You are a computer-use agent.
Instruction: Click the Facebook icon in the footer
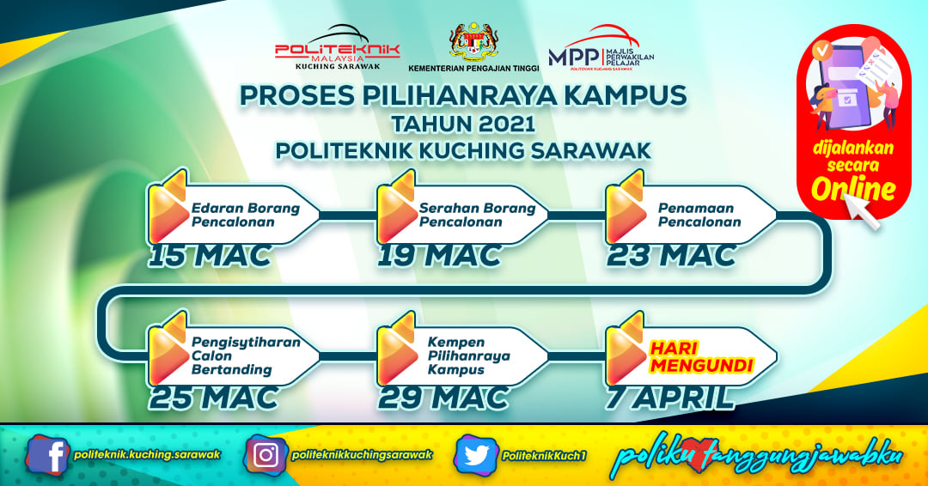(48, 455)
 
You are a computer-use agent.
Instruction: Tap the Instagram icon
(266, 455)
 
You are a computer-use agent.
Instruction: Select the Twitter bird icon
(476, 455)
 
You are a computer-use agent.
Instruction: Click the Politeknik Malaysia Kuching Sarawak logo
(338, 48)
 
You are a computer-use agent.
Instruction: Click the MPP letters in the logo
(573, 57)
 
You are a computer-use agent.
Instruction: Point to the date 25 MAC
(213, 398)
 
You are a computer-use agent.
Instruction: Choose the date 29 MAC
(443, 398)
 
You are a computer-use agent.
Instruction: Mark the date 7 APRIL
(669, 398)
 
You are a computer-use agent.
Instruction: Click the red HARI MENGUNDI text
(701, 357)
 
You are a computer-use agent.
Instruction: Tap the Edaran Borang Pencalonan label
(246, 216)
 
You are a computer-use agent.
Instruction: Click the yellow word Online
(853, 189)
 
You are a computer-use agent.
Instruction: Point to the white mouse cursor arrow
(861, 208)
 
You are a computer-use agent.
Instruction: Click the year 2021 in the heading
(504, 125)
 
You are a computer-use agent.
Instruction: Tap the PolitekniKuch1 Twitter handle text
(544, 456)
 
